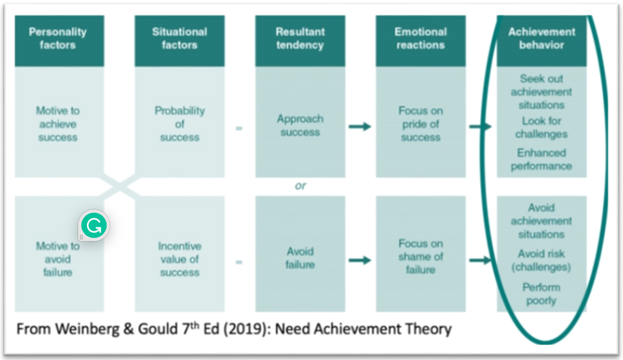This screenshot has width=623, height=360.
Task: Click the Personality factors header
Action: (x=58, y=39)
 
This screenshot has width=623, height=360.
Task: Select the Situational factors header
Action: (x=179, y=39)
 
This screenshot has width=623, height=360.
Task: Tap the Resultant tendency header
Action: (x=300, y=39)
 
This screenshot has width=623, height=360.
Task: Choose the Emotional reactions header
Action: (x=420, y=39)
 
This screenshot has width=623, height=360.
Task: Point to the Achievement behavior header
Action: (x=541, y=39)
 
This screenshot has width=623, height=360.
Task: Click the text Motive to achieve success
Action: (x=58, y=124)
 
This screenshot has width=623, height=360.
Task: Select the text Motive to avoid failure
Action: (x=58, y=259)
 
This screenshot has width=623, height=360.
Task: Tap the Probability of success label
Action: (x=180, y=124)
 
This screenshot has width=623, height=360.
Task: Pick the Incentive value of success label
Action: (x=180, y=259)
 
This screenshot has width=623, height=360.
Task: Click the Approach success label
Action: (x=300, y=126)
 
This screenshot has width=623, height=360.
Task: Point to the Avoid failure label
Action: (x=300, y=258)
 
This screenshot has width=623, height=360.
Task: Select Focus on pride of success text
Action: (x=420, y=124)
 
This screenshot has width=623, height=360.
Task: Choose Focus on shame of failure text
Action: (x=420, y=256)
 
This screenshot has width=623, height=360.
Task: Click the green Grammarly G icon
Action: (x=94, y=225)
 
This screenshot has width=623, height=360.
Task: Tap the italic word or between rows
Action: (x=300, y=186)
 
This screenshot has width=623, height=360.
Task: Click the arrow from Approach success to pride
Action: (x=360, y=126)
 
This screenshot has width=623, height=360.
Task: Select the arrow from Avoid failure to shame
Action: (x=360, y=261)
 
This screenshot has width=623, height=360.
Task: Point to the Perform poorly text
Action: (x=541, y=294)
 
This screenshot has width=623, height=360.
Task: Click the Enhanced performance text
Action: (x=541, y=160)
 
